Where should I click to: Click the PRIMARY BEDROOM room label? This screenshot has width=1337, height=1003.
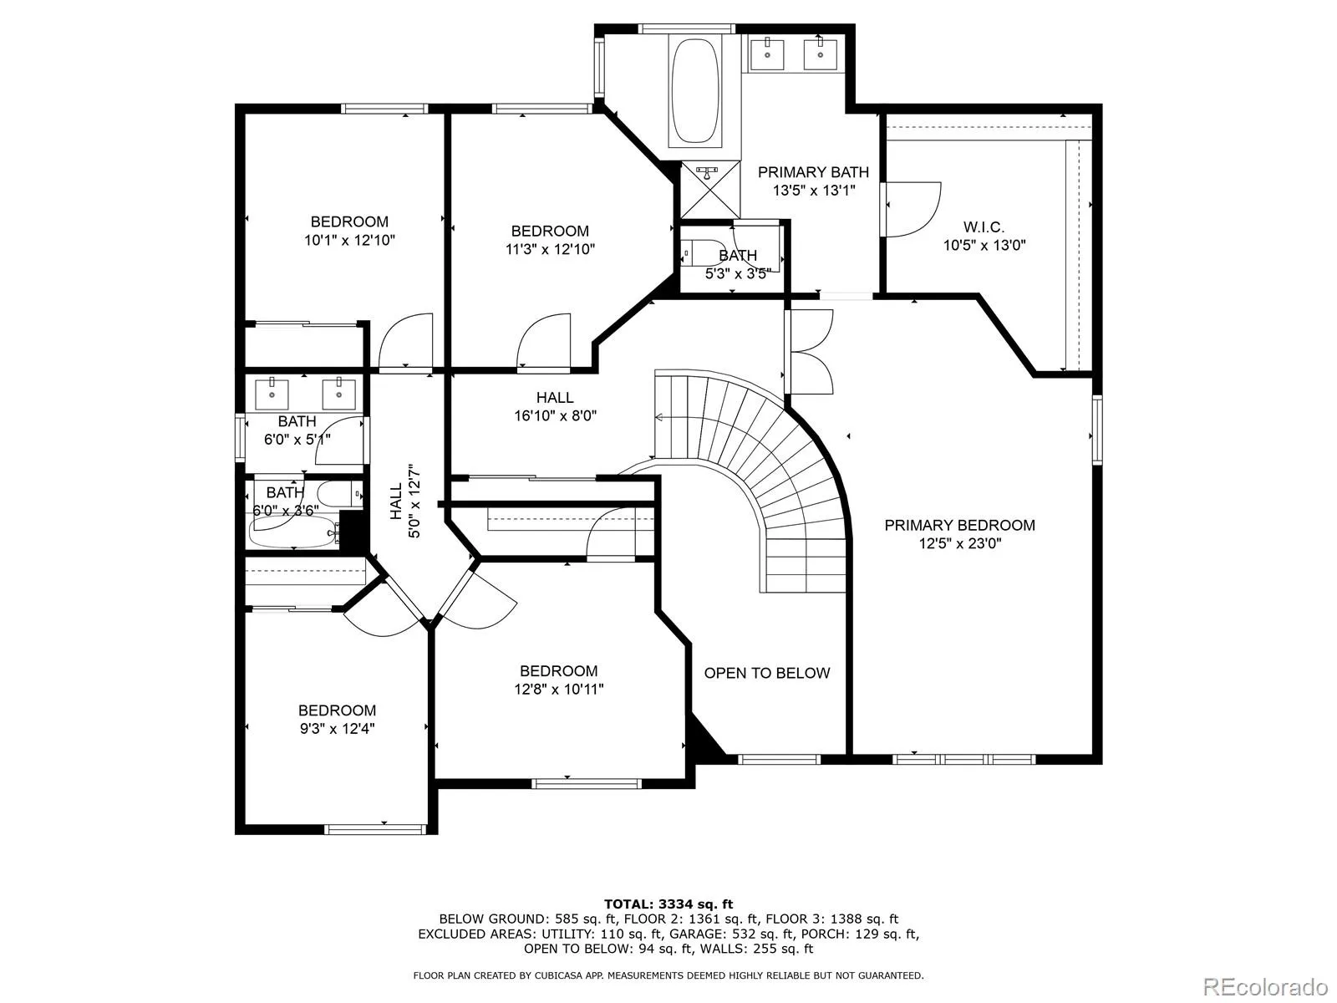[959, 525]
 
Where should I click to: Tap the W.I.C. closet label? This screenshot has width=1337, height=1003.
[984, 227]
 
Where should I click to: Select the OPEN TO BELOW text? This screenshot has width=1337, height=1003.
[767, 673]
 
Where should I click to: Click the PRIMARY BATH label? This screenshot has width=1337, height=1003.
[813, 172]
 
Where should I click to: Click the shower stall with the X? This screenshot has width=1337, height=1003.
[710, 190]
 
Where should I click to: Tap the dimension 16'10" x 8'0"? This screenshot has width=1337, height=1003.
[555, 416]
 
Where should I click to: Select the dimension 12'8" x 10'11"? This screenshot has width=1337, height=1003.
[558, 690]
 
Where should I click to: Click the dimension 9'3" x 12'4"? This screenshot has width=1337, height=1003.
[337, 728]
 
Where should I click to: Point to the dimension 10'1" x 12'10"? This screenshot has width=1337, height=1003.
[349, 240]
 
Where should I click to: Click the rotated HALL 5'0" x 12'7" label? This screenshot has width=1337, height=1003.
[405, 501]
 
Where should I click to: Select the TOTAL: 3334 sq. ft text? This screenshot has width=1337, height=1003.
[668, 904]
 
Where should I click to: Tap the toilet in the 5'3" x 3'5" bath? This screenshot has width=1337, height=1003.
[700, 252]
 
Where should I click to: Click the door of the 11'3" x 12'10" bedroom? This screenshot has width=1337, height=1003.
[544, 342]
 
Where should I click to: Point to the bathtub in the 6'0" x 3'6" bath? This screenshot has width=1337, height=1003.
[293, 532]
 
